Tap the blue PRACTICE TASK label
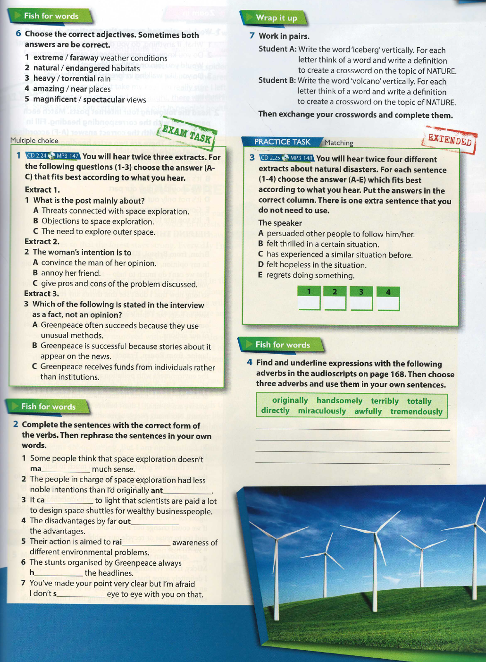pos(282,142)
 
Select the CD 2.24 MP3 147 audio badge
pos(52,156)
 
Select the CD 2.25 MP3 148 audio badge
pos(286,158)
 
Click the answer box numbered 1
pos(309,298)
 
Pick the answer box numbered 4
pos(388,298)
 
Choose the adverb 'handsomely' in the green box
pos(339,400)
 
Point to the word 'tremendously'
pos(416,411)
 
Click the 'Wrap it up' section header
pos(276,18)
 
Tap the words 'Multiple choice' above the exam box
pos(34,140)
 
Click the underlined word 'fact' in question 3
pos(54,314)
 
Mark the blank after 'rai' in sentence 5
pos(146,543)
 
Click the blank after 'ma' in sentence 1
pos(66,469)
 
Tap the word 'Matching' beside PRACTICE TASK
pos(339,143)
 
